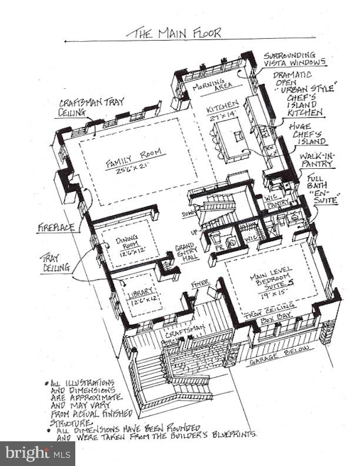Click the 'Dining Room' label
pyautogui.click(x=127, y=242)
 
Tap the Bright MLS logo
pyautogui.click(x=37, y=453)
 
